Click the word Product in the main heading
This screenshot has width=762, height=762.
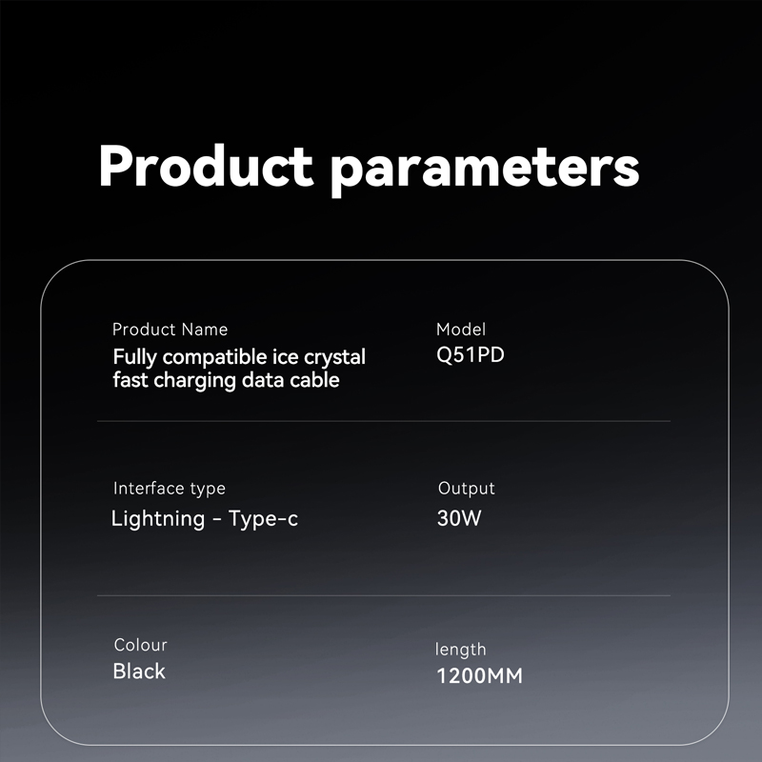(206, 165)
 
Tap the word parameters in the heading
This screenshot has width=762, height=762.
(485, 170)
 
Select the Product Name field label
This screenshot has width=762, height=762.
(170, 330)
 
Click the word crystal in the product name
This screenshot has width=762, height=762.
(334, 358)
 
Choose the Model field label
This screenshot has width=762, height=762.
(461, 330)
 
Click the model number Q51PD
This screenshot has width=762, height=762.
(471, 355)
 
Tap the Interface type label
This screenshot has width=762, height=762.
(170, 489)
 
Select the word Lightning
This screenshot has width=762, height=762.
(158, 519)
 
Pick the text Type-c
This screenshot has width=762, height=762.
(263, 519)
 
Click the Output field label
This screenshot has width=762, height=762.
(466, 489)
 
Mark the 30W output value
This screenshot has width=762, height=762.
(459, 518)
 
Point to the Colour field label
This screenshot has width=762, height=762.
(140, 645)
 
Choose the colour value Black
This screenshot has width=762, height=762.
(139, 672)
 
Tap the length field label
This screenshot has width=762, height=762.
(460, 650)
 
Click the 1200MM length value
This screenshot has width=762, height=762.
(480, 676)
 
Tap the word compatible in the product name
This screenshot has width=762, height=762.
(214, 358)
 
